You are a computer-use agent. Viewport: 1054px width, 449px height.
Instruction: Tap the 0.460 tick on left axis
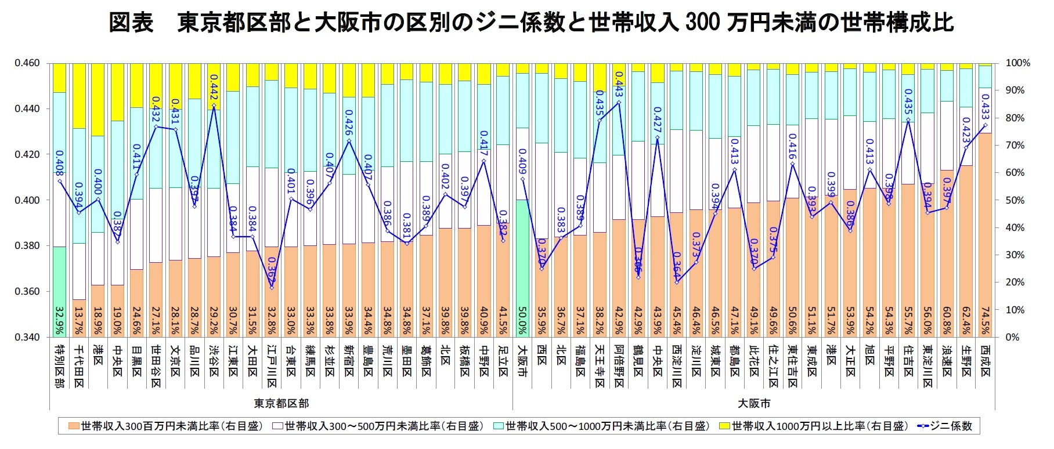coord(27,63)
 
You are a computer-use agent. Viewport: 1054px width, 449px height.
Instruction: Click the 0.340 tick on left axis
coord(27,337)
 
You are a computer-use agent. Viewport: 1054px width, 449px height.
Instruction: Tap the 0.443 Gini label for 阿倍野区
coord(619,84)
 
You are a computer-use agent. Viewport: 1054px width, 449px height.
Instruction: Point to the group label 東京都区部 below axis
coord(282,403)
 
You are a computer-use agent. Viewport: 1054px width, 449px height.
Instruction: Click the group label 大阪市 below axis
coord(754,403)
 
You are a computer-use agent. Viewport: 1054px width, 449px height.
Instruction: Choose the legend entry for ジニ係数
coord(945,426)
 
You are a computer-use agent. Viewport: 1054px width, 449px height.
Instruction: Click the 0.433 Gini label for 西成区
coord(986,104)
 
